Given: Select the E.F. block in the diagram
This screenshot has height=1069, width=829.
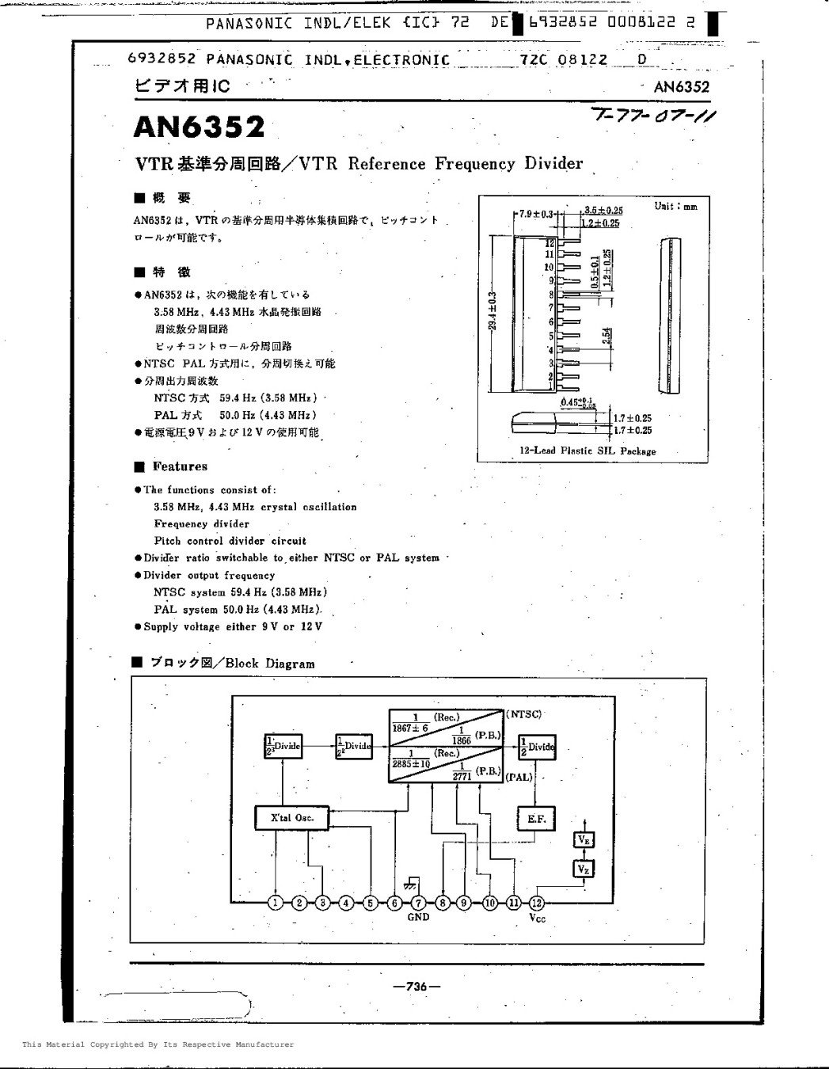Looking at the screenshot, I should (x=536, y=819).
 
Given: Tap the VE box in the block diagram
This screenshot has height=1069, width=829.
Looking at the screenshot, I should (x=584, y=840).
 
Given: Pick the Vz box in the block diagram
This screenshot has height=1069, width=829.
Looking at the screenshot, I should (x=584, y=869).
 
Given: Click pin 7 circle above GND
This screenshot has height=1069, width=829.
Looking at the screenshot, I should (x=418, y=902).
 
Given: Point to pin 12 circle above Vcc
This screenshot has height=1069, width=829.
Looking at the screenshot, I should (x=537, y=902).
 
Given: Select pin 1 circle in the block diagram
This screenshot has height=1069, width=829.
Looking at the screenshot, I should (x=276, y=902).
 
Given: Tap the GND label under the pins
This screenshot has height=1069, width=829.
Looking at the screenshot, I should (x=418, y=917).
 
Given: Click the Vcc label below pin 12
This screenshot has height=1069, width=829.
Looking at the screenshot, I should (x=538, y=918).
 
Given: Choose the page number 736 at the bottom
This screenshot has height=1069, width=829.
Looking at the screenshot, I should (x=416, y=986).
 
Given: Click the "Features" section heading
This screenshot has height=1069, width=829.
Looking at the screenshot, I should (x=180, y=466).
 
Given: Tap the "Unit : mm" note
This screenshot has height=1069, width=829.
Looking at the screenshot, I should (x=675, y=207).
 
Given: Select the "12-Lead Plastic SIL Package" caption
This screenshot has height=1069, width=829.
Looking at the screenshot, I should (x=588, y=451).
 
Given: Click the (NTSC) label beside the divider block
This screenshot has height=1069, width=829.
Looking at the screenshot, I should (x=523, y=714).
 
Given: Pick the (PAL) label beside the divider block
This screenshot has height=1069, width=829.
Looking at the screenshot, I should (x=519, y=777).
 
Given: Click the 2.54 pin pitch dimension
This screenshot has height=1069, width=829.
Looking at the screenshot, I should (x=606, y=337).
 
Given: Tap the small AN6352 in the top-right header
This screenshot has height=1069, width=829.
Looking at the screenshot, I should (x=682, y=87).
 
